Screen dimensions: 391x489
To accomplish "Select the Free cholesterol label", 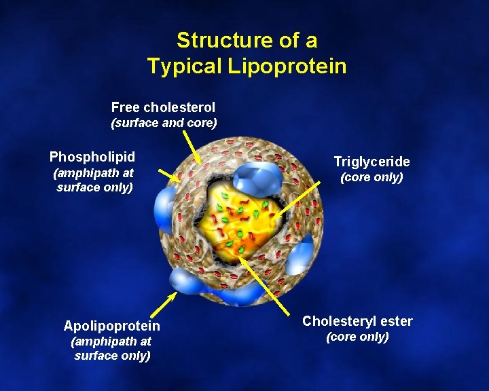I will coord(163,107).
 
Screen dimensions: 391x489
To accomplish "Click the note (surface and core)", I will coord(164,123).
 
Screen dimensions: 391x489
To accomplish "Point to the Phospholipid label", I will coord(92,157).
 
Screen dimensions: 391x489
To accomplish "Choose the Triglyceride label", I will coord(372,162).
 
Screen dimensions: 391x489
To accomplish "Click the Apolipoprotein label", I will coord(112,326).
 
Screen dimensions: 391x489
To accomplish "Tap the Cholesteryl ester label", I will coord(357,321).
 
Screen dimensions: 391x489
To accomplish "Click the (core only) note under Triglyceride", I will coord(372,177).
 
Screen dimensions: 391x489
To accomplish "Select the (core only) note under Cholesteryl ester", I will coord(357,337).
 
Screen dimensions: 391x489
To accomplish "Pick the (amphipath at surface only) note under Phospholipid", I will coord(93,180).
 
